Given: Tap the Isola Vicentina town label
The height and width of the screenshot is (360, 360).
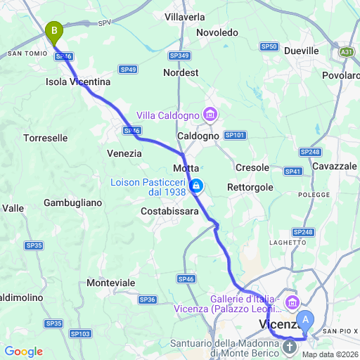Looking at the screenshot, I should coord(78,82).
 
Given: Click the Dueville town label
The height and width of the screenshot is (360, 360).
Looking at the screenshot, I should coord(302,51).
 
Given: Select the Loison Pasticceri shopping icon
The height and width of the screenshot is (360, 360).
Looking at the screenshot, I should coord(198,186).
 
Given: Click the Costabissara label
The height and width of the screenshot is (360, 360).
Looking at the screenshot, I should coord(170,211).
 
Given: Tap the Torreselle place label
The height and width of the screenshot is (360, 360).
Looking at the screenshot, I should coord(46,138).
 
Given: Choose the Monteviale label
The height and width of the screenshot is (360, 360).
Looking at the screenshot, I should coord(111,282).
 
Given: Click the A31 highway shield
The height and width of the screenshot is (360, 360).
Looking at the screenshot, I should coord(346,52).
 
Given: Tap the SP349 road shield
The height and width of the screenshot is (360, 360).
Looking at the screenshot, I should coord(179,55).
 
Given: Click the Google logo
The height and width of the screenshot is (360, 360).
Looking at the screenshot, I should coord(23,352).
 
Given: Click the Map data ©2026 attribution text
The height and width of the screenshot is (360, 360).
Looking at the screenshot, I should coord(329,354).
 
